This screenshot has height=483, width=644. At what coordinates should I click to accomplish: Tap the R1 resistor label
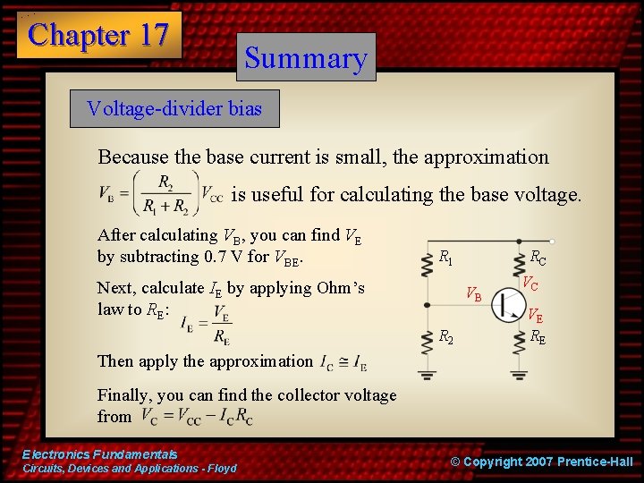(x=445, y=257)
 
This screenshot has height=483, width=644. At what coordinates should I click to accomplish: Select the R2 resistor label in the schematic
(x=445, y=336)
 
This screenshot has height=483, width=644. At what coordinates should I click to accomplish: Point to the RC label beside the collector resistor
(x=538, y=258)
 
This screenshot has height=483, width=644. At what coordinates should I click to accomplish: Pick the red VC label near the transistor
(x=530, y=284)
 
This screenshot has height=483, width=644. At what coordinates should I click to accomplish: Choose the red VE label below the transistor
(x=534, y=316)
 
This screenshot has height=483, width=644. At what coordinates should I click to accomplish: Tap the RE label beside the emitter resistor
(x=538, y=337)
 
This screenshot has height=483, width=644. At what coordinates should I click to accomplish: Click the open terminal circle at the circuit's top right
(x=553, y=241)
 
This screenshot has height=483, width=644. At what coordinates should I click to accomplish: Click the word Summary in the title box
(x=306, y=58)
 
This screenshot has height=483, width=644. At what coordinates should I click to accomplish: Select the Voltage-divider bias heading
(x=174, y=109)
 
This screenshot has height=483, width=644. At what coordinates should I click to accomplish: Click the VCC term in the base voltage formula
(x=211, y=193)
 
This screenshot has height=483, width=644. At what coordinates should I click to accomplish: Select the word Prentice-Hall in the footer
(x=595, y=462)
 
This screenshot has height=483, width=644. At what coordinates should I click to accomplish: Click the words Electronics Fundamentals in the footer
(x=99, y=454)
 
